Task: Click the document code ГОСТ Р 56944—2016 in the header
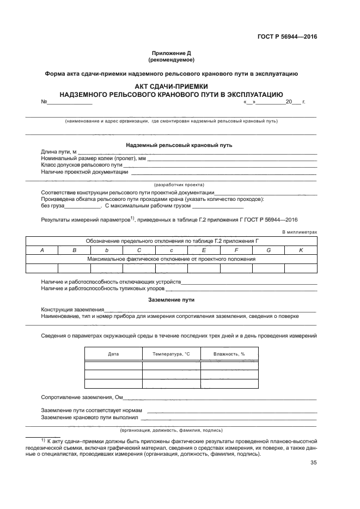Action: click(287, 37)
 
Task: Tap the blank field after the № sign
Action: click(70, 102)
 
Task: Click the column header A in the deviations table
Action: click(42, 249)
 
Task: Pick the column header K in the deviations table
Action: click(301, 249)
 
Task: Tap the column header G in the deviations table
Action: click(269, 249)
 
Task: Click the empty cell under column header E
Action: click(204, 267)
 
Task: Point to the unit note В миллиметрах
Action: click(299, 232)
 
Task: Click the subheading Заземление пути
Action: click(171, 300)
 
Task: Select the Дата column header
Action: click(113, 354)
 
